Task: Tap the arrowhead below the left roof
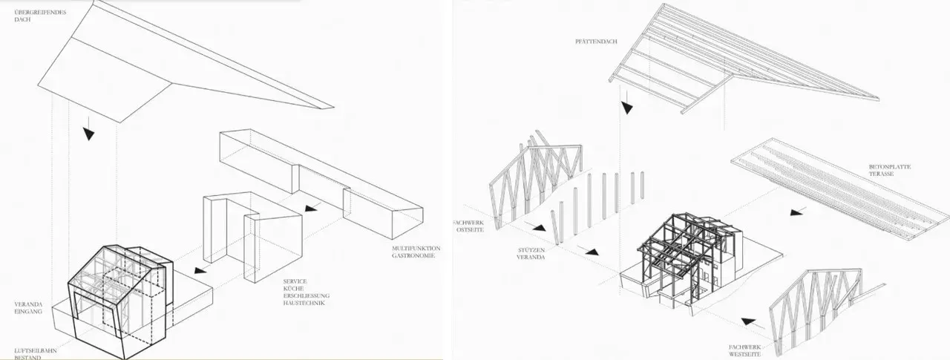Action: point(89,134)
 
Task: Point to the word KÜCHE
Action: point(292,289)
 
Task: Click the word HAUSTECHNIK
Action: point(304,304)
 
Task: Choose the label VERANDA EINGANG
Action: point(28,309)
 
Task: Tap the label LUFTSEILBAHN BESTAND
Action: point(33,353)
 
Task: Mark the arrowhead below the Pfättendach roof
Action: point(628,107)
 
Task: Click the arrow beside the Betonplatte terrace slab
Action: point(796,212)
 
